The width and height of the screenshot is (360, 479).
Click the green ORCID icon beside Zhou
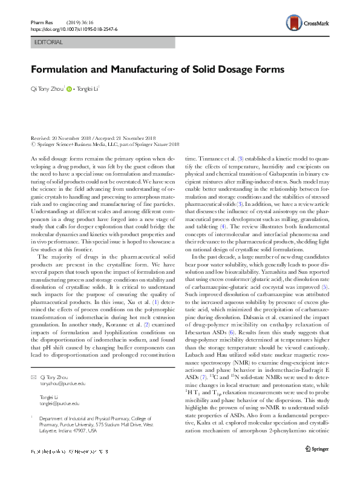[x=69, y=89]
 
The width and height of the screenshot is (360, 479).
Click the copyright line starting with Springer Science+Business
[x=105, y=145]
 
